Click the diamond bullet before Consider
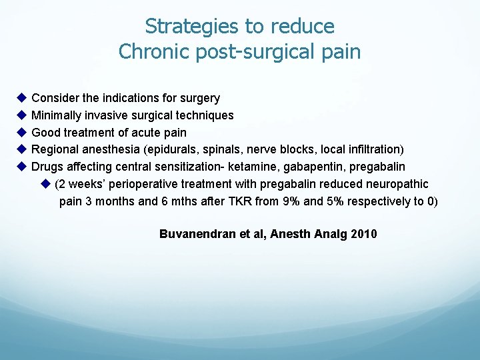21,98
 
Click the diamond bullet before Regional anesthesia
21,149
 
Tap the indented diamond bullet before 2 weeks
45,183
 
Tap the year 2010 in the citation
364,234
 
